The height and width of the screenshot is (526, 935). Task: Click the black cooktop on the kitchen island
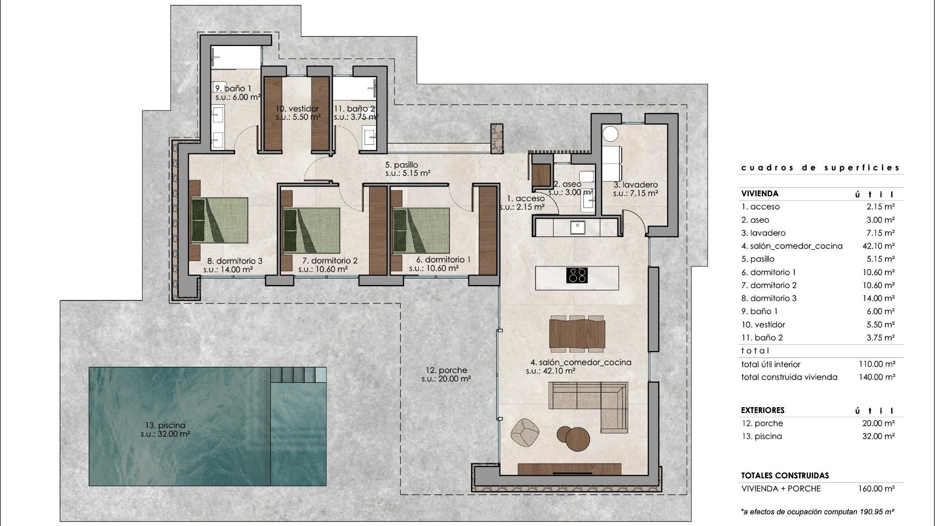click(x=577, y=275)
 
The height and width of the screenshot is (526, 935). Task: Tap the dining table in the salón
click(x=577, y=334)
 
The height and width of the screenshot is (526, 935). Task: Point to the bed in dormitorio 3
click(x=220, y=220)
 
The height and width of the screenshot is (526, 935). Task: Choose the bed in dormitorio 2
click(x=312, y=230)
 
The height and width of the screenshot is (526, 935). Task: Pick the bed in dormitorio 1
click(x=421, y=230)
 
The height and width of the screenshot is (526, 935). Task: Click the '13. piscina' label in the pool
click(x=166, y=425)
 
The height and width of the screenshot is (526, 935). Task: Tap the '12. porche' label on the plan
click(x=446, y=370)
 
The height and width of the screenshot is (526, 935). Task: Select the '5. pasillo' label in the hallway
click(x=402, y=165)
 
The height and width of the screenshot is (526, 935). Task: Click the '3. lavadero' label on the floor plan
click(x=636, y=185)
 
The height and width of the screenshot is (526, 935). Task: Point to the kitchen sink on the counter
click(x=578, y=226)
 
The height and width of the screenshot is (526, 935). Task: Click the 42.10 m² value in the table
click(x=878, y=246)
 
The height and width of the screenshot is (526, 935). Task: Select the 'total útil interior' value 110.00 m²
click(x=877, y=364)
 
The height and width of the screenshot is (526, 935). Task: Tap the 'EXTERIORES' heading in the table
click(x=763, y=410)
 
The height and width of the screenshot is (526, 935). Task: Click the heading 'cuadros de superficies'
click(x=821, y=168)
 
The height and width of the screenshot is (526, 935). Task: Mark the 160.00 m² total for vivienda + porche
click(x=877, y=488)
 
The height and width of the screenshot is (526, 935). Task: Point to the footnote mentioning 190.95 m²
click(x=818, y=512)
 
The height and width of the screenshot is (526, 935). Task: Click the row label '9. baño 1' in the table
click(x=760, y=311)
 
